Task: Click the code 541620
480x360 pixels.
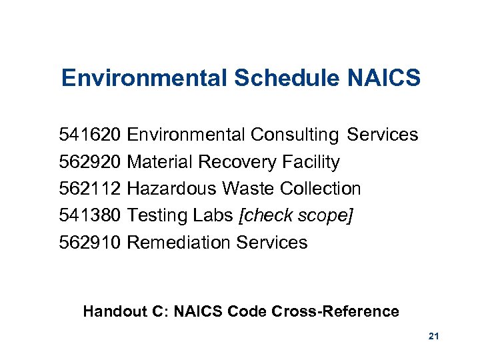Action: (x=90, y=135)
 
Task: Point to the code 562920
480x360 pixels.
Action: (x=90, y=162)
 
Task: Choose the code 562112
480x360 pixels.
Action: (x=90, y=189)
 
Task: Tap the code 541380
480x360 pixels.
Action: (x=90, y=216)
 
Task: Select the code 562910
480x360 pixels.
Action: (x=90, y=243)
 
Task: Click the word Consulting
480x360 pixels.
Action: (x=295, y=135)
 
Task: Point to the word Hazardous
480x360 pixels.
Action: (x=171, y=189)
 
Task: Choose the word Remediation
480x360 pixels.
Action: (x=179, y=243)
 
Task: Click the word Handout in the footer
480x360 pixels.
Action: (x=110, y=311)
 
